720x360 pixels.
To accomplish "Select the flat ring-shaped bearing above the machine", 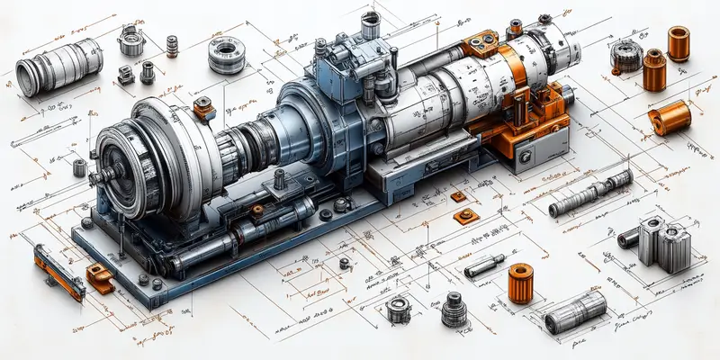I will tap(225, 53).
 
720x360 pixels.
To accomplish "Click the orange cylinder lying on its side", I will tap(670, 118).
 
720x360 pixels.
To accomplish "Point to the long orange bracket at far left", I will tap(58, 274).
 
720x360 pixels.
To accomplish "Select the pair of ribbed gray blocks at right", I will tap(662, 242).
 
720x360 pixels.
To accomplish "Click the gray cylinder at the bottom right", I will tap(576, 311).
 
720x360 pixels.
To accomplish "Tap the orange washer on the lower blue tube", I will tap(257, 210).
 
